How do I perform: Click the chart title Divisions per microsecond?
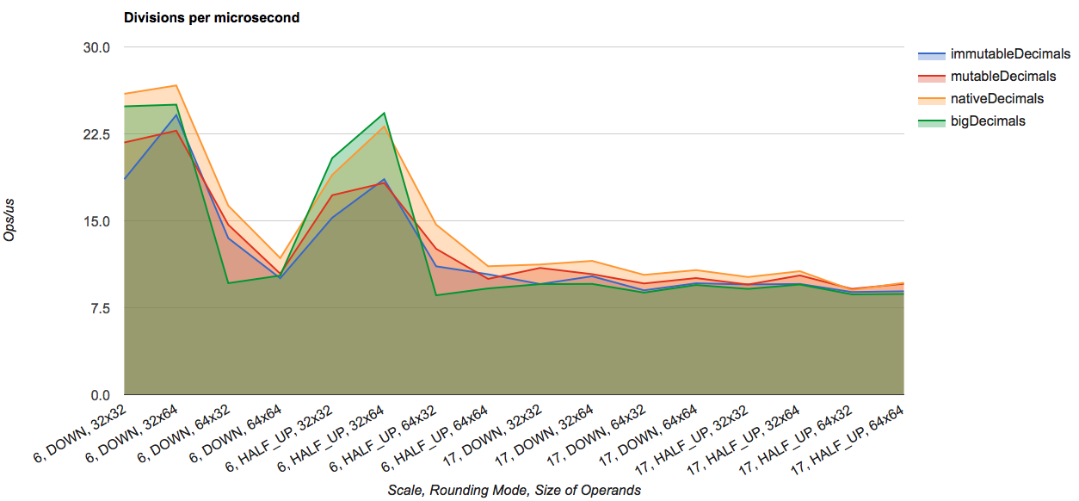[212, 17]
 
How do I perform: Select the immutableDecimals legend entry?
[1009, 54]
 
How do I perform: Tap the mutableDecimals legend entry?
[1002, 77]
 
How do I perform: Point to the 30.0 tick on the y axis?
[96, 47]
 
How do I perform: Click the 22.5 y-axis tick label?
[96, 134]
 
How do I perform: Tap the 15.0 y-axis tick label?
[96, 221]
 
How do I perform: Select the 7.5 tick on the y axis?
[100, 308]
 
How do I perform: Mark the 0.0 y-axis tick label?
[100, 395]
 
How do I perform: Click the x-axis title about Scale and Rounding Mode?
[514, 490]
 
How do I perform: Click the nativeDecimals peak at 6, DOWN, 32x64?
[176, 86]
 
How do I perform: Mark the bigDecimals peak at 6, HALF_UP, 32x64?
[384, 113]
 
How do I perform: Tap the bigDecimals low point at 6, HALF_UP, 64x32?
[436, 295]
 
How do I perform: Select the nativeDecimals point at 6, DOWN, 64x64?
[280, 258]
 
